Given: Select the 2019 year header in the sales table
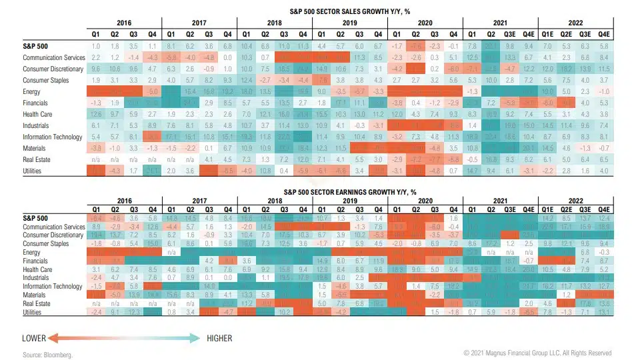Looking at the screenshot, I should coord(349,23).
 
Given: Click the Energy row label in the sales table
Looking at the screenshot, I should coord(32,91).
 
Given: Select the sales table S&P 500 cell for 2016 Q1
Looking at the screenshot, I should coord(96,45).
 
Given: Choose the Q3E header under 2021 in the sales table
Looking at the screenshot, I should coord(527,33).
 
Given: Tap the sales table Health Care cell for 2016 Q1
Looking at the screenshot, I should coord(96,114).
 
